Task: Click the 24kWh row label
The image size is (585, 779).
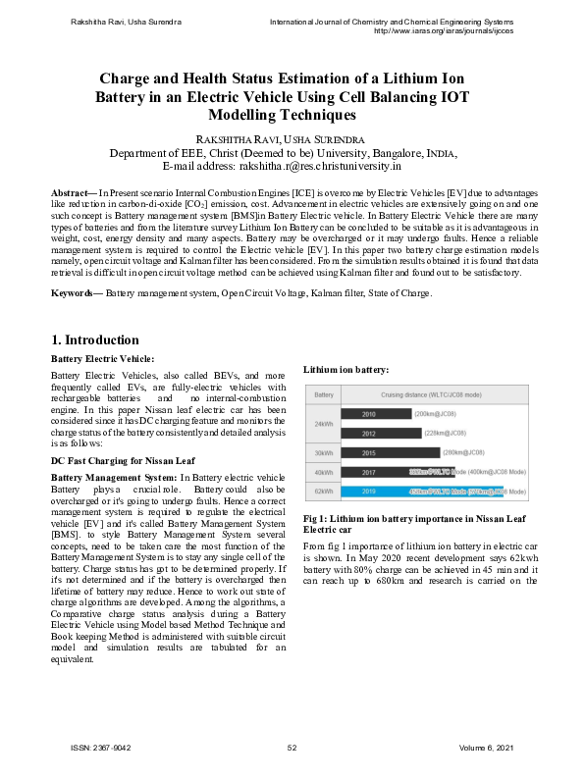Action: tap(323, 424)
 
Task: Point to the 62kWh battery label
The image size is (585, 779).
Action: tap(323, 491)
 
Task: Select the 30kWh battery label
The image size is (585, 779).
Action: tap(323, 452)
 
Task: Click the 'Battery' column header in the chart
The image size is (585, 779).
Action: tap(323, 393)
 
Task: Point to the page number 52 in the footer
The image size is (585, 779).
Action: tap(292, 749)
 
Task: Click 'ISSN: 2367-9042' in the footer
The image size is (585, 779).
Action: tap(101, 749)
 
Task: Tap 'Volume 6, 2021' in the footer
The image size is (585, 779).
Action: tap(486, 749)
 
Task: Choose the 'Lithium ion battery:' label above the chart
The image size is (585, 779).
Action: tap(346, 369)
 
